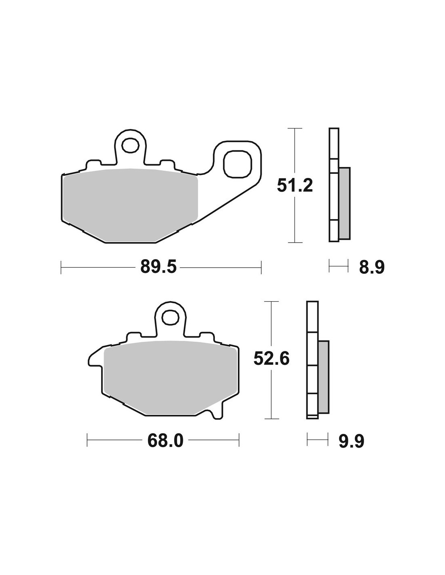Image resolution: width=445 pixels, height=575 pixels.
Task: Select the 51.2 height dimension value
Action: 295,186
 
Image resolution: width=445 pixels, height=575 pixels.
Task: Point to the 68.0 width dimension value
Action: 165,441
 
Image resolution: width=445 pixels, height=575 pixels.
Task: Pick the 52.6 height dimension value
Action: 271,359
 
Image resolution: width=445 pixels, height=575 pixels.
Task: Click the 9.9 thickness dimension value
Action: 352,441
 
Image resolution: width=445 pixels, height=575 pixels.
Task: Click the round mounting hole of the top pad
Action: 130,145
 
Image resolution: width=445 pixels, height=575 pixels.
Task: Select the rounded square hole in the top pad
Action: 237,164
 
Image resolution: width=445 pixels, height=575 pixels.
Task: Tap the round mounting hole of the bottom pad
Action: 170,317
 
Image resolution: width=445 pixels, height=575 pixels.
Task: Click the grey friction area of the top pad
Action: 131,205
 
